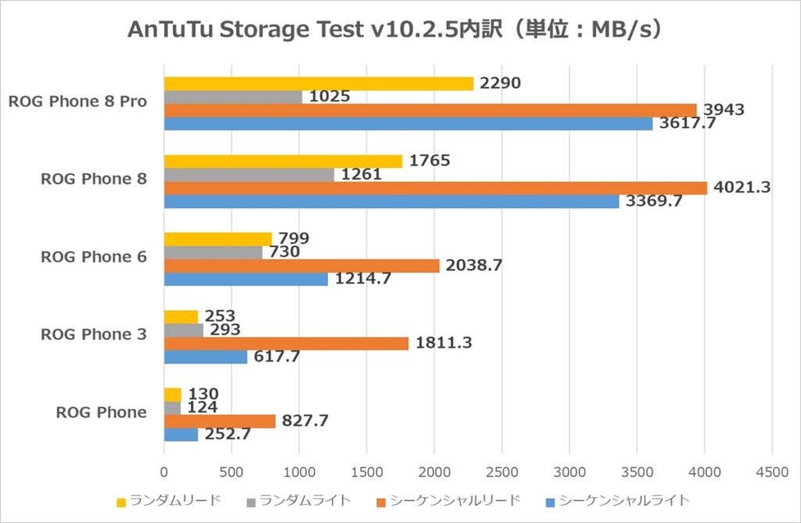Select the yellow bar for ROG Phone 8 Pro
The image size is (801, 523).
(318, 84)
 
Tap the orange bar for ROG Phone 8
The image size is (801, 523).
(435, 188)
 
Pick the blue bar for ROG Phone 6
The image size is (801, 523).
(246, 279)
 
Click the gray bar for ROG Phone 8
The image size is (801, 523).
(249, 174)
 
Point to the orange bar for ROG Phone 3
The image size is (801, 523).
(286, 343)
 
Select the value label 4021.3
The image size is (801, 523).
(742, 188)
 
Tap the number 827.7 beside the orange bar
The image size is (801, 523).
(305, 421)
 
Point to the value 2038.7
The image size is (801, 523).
(473, 266)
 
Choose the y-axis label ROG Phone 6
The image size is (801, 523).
(94, 257)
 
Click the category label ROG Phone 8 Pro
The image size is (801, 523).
(77, 102)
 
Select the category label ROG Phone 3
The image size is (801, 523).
(94, 335)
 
